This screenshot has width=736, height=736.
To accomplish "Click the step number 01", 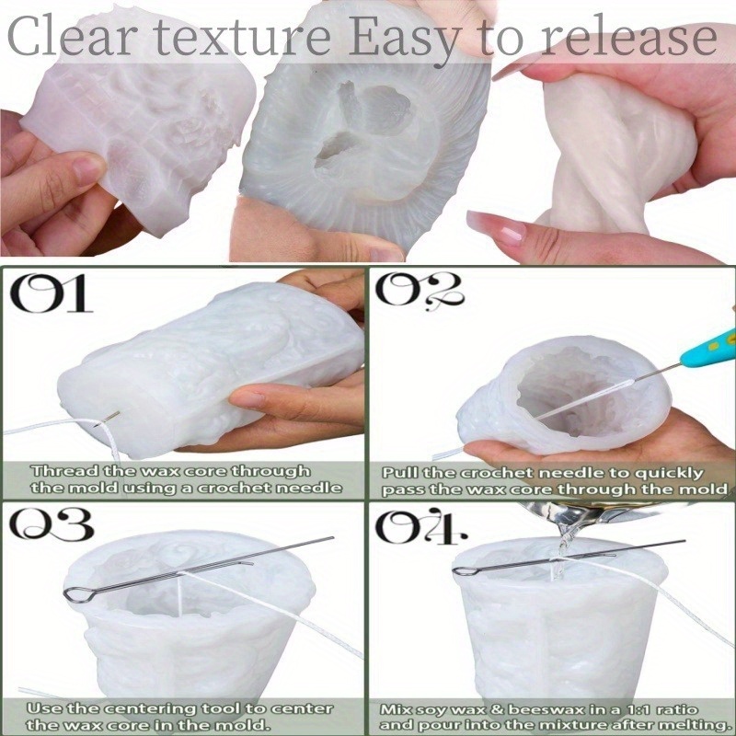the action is click(52, 293).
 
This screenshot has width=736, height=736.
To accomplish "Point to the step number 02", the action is click(420, 292).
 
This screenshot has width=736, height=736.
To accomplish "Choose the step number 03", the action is click(51, 523).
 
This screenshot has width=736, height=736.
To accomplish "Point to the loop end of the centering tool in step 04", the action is click(464, 570).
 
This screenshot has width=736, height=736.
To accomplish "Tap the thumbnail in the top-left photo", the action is click(87, 170).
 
